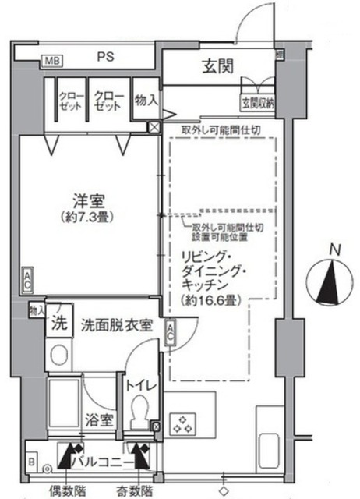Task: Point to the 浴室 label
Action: tap(101, 419)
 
